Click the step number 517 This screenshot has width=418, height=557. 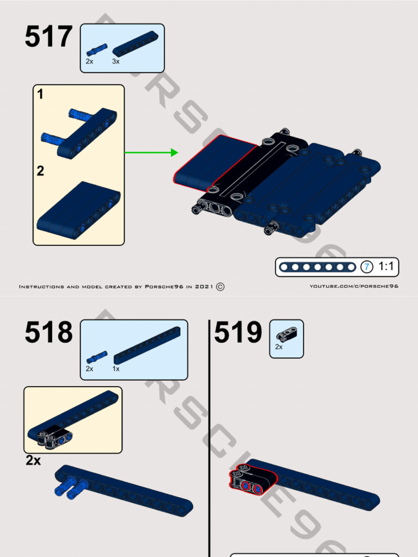[48, 38]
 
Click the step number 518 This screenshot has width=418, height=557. [48, 333]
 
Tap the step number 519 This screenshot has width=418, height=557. [238, 333]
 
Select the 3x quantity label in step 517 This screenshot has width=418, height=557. [116, 62]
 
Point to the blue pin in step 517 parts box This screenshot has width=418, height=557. [96, 50]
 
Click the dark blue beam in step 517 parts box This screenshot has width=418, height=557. [135, 44]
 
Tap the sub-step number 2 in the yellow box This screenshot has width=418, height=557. [40, 171]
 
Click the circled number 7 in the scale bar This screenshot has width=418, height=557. [367, 267]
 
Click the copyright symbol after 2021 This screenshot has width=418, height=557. [220, 287]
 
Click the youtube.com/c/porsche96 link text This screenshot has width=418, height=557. [354, 287]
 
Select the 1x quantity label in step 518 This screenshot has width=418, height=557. [116, 369]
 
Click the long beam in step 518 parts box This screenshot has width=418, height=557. [147, 345]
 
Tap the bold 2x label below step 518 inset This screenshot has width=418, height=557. [33, 461]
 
